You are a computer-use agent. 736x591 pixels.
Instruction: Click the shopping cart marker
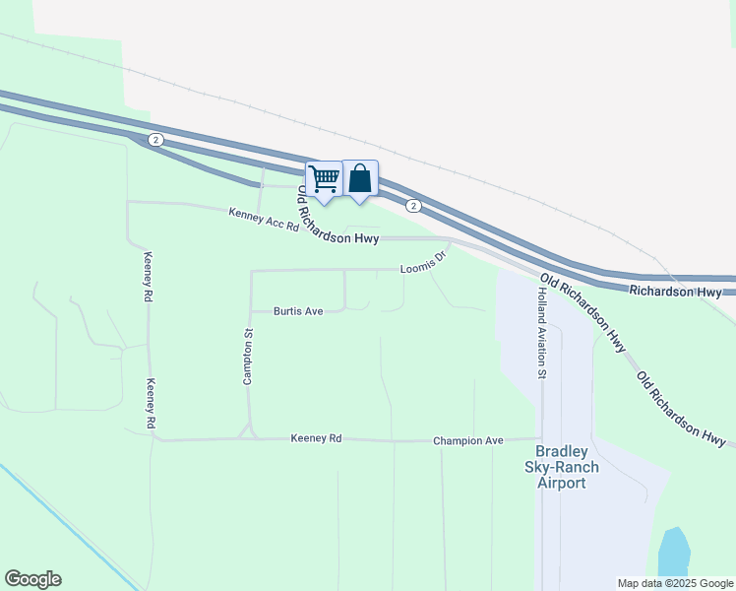[x=324, y=179]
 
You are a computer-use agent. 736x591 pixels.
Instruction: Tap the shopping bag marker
[x=360, y=179]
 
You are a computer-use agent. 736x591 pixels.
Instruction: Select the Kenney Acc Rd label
[x=263, y=219]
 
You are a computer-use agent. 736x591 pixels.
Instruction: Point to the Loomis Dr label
[x=424, y=263]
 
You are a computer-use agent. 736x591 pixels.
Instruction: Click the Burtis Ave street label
[x=298, y=311]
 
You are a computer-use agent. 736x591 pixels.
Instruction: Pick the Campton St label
[x=249, y=358]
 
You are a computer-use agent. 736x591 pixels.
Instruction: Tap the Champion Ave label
[x=468, y=441]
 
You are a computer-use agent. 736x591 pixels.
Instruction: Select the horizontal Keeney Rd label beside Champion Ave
[x=316, y=438]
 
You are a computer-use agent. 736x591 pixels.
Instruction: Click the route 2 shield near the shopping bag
[x=414, y=205]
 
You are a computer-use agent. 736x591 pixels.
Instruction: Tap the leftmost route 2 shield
[x=155, y=140]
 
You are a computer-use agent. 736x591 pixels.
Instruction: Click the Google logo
[x=32, y=579]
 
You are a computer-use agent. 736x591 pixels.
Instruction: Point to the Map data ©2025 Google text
[x=674, y=583]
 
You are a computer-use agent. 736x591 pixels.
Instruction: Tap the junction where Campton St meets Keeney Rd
[x=250, y=438]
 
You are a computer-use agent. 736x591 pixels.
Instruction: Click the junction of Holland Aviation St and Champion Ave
[x=541, y=439]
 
